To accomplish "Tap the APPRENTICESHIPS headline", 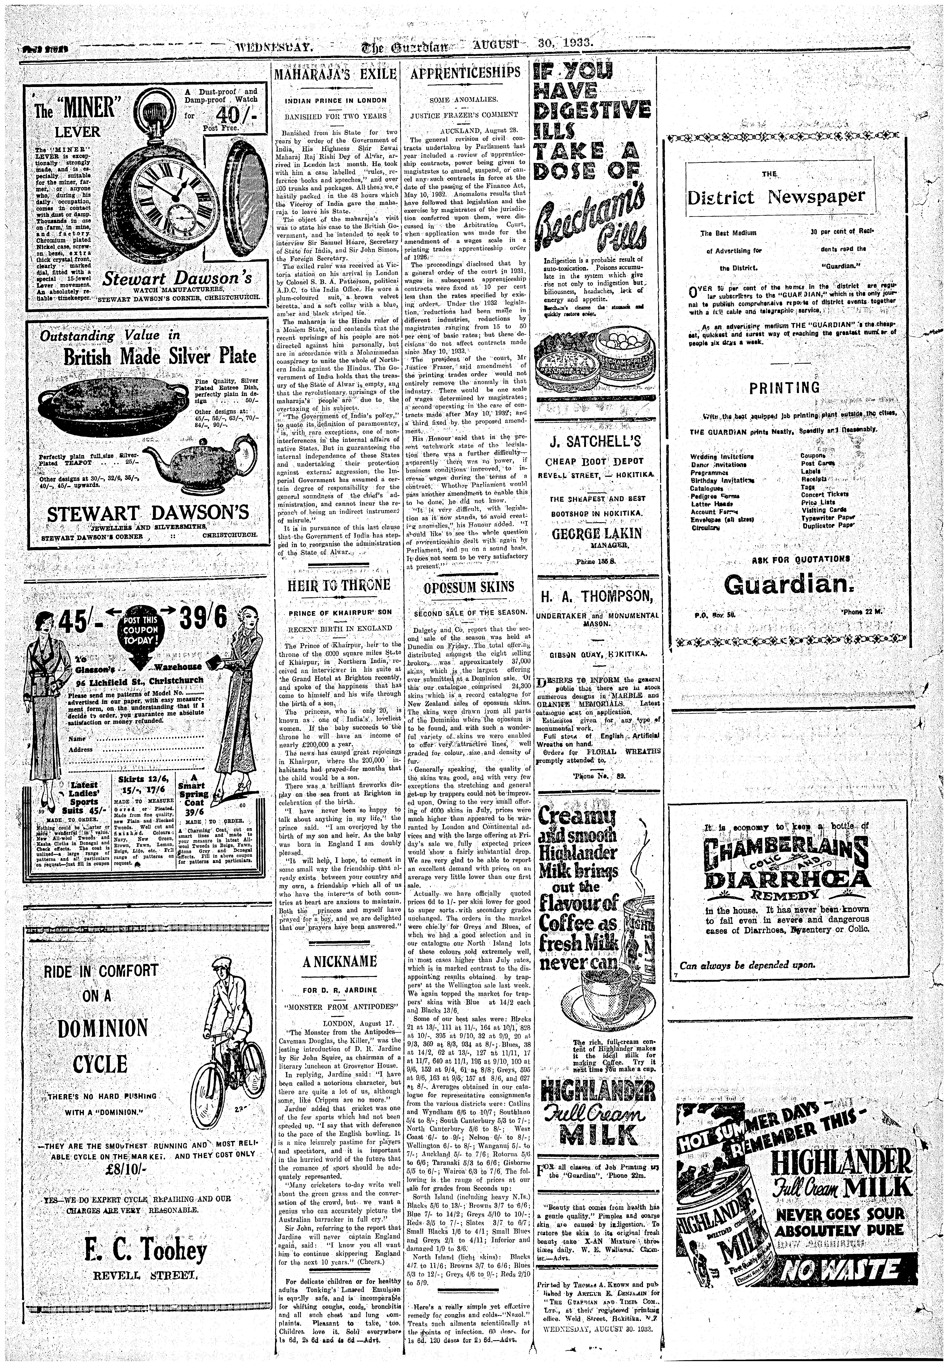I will click(465, 73).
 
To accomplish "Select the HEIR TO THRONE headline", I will click(339, 585).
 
